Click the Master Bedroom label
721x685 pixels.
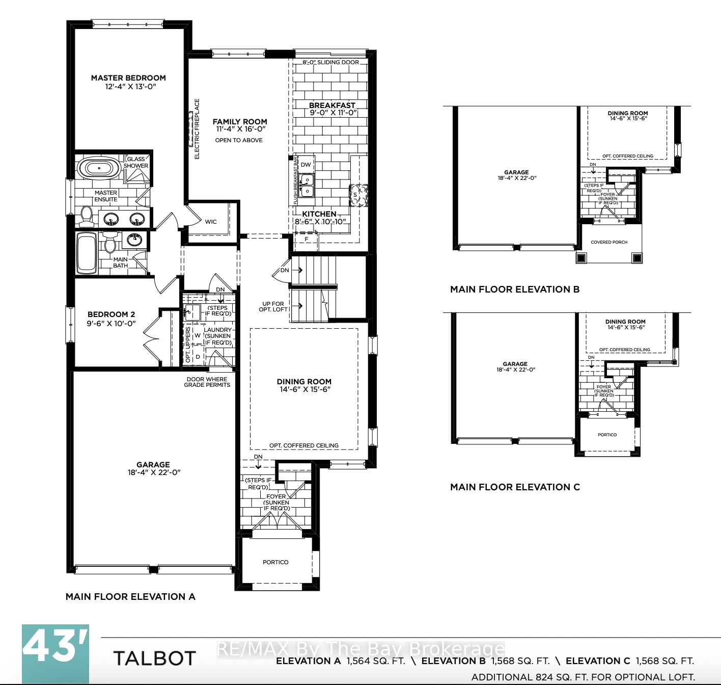point(128,78)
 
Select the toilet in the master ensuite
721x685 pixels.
point(86,216)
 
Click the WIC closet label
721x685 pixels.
point(211,222)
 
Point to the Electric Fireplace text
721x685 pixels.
point(197,129)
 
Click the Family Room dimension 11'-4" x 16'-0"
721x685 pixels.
point(239,129)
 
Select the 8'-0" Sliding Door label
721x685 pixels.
point(331,62)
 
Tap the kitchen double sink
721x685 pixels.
point(307,185)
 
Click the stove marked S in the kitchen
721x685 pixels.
point(358,195)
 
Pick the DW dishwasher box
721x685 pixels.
point(306,165)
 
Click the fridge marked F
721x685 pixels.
point(307,239)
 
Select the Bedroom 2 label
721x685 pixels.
point(111,314)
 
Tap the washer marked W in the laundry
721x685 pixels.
point(198,336)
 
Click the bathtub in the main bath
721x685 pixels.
point(85,253)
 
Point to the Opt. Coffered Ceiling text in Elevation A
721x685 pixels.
point(303,445)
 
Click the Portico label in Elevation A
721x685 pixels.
point(275,562)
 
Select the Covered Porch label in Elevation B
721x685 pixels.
point(609,242)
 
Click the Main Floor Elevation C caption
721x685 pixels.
point(515,487)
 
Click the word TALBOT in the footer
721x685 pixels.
point(154,658)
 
